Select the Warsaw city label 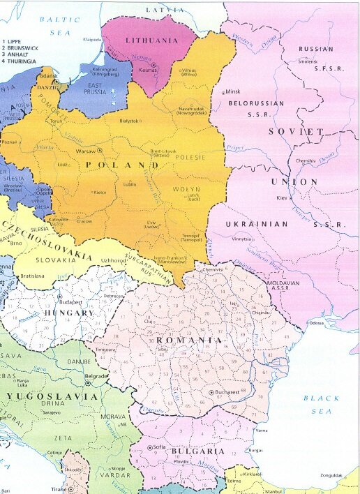(x=84, y=150)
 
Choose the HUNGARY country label (x=69, y=313)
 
